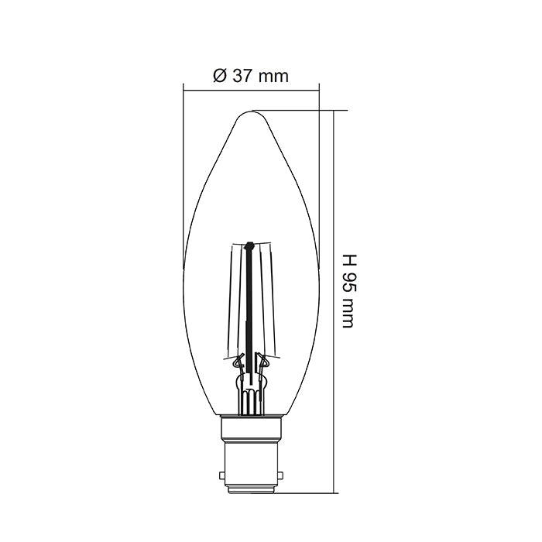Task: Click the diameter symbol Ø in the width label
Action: (218, 76)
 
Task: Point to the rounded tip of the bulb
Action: (251, 114)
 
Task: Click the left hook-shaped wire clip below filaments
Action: (238, 360)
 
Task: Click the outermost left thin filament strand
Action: (235, 302)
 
